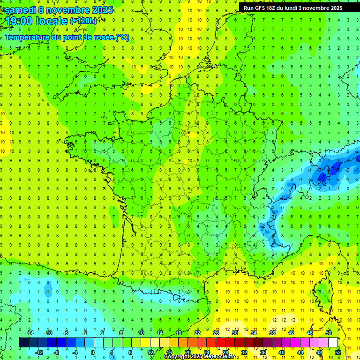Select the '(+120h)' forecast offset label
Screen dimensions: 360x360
click(x=83, y=21)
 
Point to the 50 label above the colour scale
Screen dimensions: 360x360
click(x=329, y=333)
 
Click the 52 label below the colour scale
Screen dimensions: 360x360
click(x=338, y=352)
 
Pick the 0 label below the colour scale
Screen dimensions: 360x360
click(x=93, y=352)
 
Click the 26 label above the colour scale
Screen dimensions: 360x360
click(x=216, y=333)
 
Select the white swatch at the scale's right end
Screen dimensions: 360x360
click(x=333, y=343)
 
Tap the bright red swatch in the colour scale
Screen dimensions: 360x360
click(x=220, y=343)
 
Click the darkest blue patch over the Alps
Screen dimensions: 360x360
click(x=322, y=177)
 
